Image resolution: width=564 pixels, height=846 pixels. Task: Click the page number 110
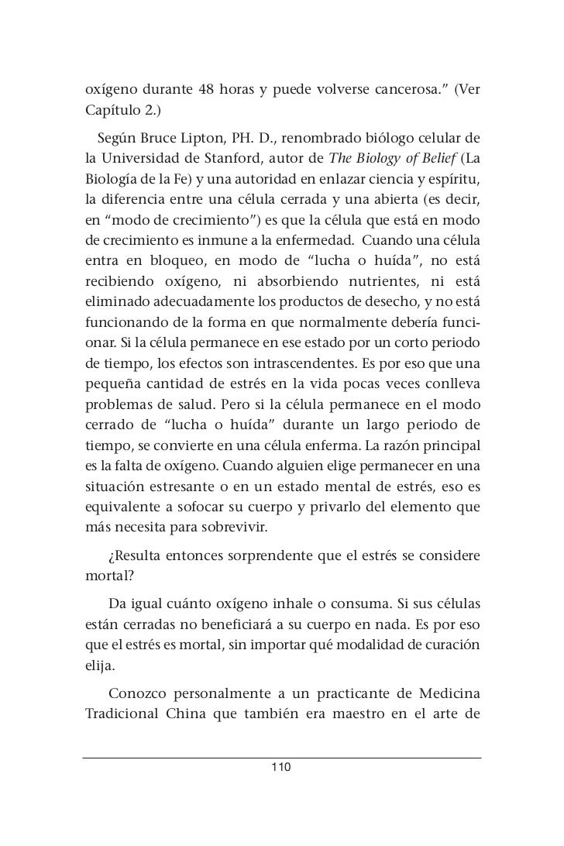(281, 768)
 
